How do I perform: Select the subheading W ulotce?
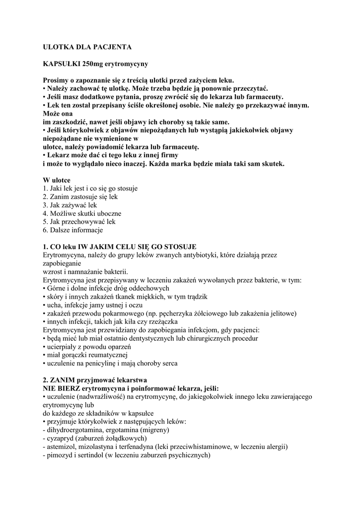click(x=57, y=180)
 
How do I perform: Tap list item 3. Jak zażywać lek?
click(x=70, y=205)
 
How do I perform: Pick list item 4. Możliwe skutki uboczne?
click(x=82, y=213)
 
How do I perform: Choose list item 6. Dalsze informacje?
click(x=72, y=230)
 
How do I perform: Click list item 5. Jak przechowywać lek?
click(x=79, y=222)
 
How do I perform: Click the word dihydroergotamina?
click(x=72, y=430)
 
